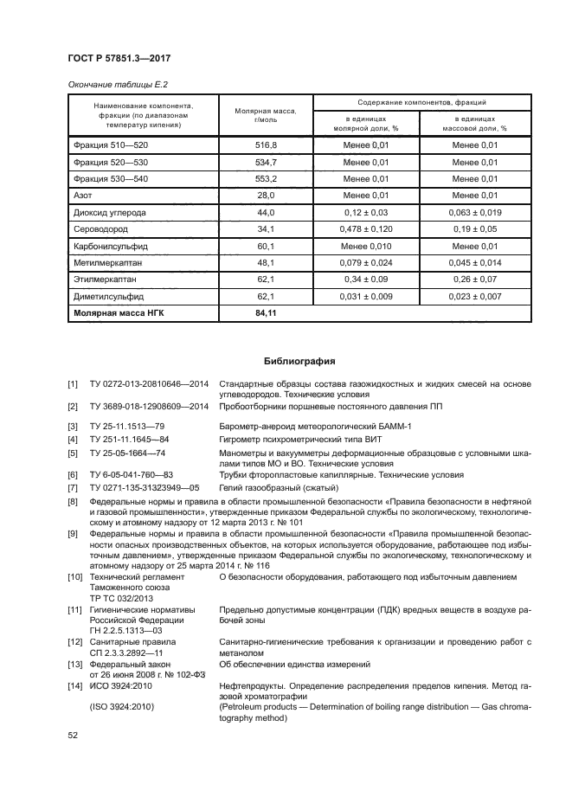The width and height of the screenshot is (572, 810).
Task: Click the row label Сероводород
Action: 102,229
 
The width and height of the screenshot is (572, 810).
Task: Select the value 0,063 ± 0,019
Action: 475,212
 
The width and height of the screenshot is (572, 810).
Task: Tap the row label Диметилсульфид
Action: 108,297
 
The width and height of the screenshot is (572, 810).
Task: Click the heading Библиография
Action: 299,361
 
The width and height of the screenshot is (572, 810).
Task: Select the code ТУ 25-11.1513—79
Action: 126,426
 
